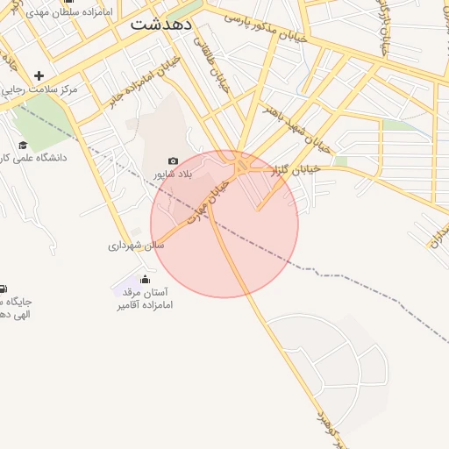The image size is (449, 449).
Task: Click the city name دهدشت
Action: (x=161, y=25)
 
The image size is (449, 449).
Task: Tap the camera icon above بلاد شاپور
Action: (x=173, y=161)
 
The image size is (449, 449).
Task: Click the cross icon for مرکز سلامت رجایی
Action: (x=39, y=76)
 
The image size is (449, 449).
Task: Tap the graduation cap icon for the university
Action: (x=23, y=145)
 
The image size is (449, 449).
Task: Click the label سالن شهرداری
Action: (x=136, y=246)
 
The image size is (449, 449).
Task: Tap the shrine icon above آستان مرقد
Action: (x=145, y=280)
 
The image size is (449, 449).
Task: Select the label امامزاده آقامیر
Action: (x=144, y=305)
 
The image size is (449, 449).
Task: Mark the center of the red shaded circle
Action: (x=224, y=224)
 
